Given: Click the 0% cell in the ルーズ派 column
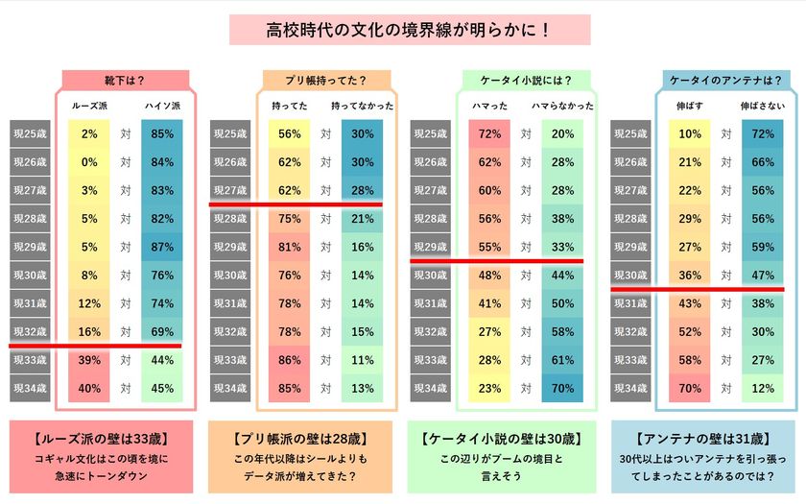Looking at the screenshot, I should [90, 162].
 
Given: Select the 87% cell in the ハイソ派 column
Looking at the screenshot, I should [162, 247].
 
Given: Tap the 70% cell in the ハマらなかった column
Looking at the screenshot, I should [563, 388].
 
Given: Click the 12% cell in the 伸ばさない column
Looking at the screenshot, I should [763, 388].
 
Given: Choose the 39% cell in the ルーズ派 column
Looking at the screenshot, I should [90, 360].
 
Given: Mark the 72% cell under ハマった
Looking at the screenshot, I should [490, 133].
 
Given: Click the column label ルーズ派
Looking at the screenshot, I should [90, 105].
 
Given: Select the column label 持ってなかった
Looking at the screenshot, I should [363, 105].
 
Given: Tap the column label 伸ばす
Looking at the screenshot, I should [690, 105].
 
